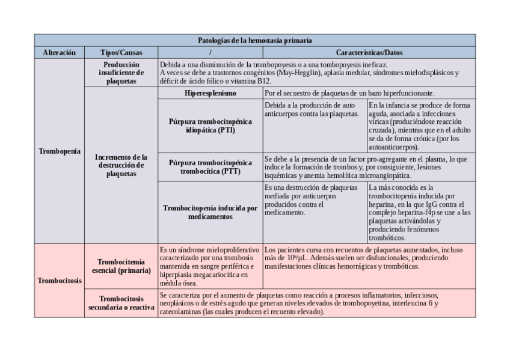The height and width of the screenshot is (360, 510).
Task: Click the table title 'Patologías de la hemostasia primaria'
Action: tap(254, 41)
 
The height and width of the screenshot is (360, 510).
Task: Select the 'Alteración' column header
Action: tap(59, 53)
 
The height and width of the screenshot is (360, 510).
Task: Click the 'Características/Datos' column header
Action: tap(369, 53)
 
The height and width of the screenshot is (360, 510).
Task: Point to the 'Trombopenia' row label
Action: tap(59, 151)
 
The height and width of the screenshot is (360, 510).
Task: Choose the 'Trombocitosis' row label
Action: tap(59, 280)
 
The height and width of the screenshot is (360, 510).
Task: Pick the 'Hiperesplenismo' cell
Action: tap(210, 93)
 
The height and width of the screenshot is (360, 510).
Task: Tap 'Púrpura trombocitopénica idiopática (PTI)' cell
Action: tap(210, 126)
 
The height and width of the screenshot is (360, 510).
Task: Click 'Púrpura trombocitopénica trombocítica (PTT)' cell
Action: tap(210, 167)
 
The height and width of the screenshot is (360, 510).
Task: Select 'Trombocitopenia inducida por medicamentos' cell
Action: tap(210, 212)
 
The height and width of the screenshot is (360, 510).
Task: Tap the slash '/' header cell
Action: tap(210, 53)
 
